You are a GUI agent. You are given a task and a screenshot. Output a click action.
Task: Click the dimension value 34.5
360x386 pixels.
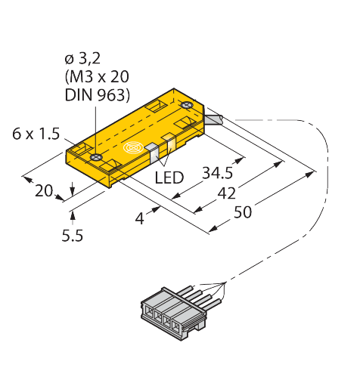point(218,173)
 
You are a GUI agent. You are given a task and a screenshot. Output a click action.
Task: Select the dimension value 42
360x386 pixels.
point(226,193)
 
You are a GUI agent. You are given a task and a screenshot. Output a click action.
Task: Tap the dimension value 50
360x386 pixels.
point(243,212)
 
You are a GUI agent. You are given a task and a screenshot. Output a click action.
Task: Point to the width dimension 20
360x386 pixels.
point(44,190)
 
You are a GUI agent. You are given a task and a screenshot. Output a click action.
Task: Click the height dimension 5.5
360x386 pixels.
point(73,236)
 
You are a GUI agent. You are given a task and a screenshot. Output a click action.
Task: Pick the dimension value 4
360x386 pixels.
point(139,218)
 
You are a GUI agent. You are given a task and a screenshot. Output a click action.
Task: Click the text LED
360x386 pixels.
point(169,178)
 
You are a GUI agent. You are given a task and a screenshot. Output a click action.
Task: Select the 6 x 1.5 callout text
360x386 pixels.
point(36,134)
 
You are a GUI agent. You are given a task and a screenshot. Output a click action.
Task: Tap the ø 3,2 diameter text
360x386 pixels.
point(82,59)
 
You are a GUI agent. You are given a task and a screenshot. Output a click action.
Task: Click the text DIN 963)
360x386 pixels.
point(98,95)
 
